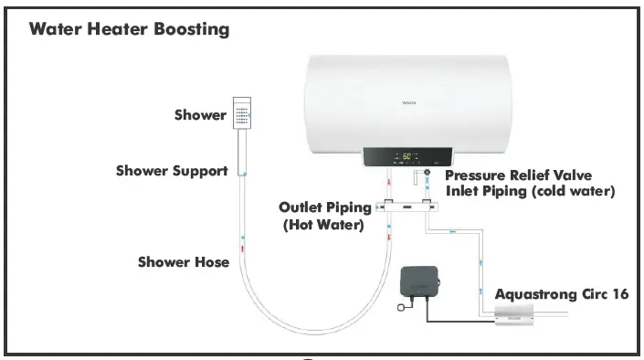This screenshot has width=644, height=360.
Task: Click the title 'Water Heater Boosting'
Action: (129, 29)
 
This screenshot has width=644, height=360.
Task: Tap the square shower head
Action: (242, 113)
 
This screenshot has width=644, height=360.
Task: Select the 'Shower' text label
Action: (200, 115)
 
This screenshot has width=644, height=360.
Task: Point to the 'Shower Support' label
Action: (172, 171)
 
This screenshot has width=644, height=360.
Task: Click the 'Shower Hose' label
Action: (183, 262)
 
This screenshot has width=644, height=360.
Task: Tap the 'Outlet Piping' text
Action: (325, 207)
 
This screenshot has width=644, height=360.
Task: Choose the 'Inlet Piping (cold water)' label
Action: (530, 191)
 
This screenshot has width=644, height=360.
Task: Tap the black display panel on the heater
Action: (407, 158)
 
